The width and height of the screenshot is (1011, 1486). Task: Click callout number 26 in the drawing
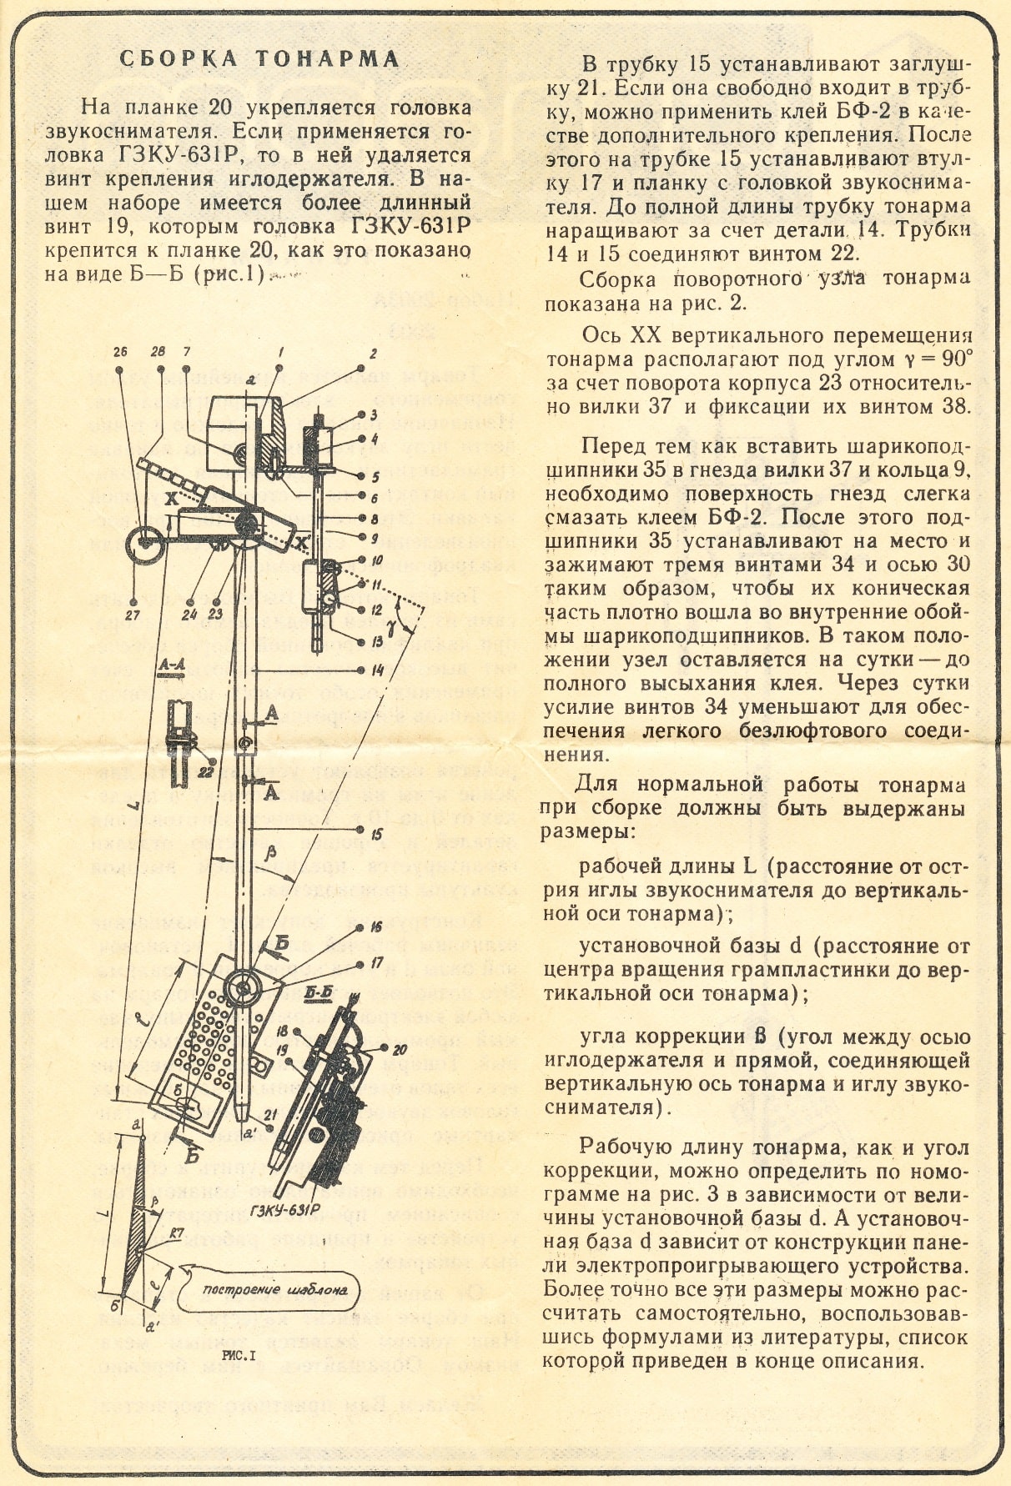tap(122, 353)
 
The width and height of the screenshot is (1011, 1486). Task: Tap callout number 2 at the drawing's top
tap(374, 354)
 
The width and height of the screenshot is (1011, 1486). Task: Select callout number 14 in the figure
tap(377, 669)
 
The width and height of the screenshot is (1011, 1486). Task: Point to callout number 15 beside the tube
tap(377, 832)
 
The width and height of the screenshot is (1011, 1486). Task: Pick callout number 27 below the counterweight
tap(133, 615)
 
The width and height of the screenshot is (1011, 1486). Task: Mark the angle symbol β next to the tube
tap(269, 853)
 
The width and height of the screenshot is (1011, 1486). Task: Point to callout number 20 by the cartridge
tap(400, 1050)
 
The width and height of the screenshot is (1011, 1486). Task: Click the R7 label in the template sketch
tap(176, 1232)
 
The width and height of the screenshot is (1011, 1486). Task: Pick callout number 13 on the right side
tap(377, 641)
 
